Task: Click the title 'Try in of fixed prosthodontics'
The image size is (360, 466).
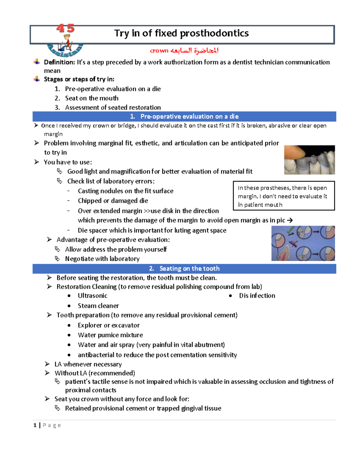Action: [181, 33]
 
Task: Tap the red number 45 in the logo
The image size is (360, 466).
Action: [65, 29]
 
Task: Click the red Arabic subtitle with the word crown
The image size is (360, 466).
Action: [184, 50]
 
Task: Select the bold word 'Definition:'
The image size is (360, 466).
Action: [59, 62]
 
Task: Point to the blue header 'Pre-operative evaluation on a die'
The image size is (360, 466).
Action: [189, 116]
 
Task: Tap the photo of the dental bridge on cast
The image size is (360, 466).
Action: [309, 160]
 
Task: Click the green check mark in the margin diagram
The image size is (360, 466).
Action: [290, 231]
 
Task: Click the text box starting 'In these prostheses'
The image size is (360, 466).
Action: [283, 196]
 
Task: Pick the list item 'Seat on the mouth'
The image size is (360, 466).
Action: [91, 98]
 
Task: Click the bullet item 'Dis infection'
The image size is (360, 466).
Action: [257, 296]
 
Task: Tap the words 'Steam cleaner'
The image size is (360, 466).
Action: [98, 306]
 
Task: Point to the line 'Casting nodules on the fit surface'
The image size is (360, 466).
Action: [125, 191]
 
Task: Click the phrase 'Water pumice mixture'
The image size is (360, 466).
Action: [110, 335]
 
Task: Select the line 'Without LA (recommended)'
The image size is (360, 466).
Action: [94, 373]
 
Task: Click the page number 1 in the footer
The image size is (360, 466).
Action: [35, 425]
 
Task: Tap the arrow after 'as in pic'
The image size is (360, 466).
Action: [290, 220]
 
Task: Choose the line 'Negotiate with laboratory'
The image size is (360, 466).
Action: [102, 259]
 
